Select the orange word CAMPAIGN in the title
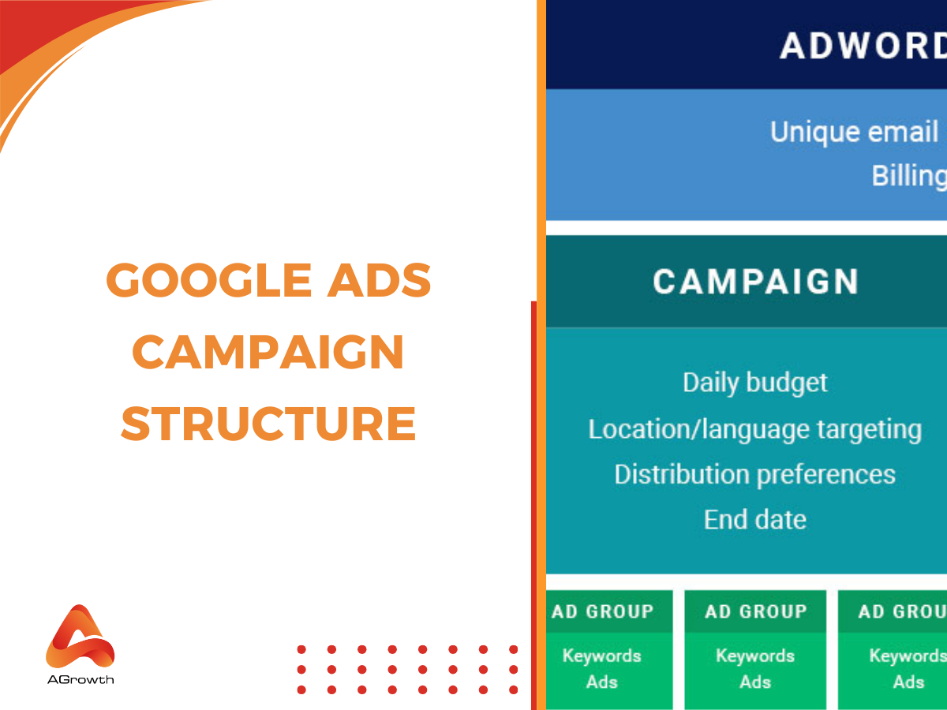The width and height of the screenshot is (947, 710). tap(268, 352)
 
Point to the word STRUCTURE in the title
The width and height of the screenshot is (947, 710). tap(268, 423)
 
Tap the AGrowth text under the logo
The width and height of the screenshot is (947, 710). tap(80, 678)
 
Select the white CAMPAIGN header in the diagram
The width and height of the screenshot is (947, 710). tap(755, 282)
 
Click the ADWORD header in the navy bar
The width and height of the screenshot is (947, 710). tap(863, 46)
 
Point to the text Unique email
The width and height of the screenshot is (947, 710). tap(854, 132)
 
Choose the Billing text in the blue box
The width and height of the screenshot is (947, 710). tap(908, 176)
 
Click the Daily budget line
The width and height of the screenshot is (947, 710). tap(755, 383)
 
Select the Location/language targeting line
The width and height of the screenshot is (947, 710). tap(755, 429)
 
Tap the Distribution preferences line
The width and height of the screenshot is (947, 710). tap(755, 474)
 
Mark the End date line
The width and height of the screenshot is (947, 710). tap(755, 520)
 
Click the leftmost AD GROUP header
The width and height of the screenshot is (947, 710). tap(603, 611)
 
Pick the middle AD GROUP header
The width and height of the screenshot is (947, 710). tap(755, 611)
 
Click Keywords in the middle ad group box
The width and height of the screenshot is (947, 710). tap(755, 656)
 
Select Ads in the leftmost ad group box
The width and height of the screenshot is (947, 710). tap(602, 682)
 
